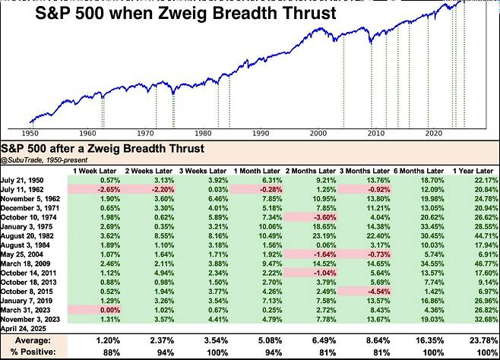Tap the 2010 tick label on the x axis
click(x=375, y=132)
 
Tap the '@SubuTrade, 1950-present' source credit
click(x=45, y=159)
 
